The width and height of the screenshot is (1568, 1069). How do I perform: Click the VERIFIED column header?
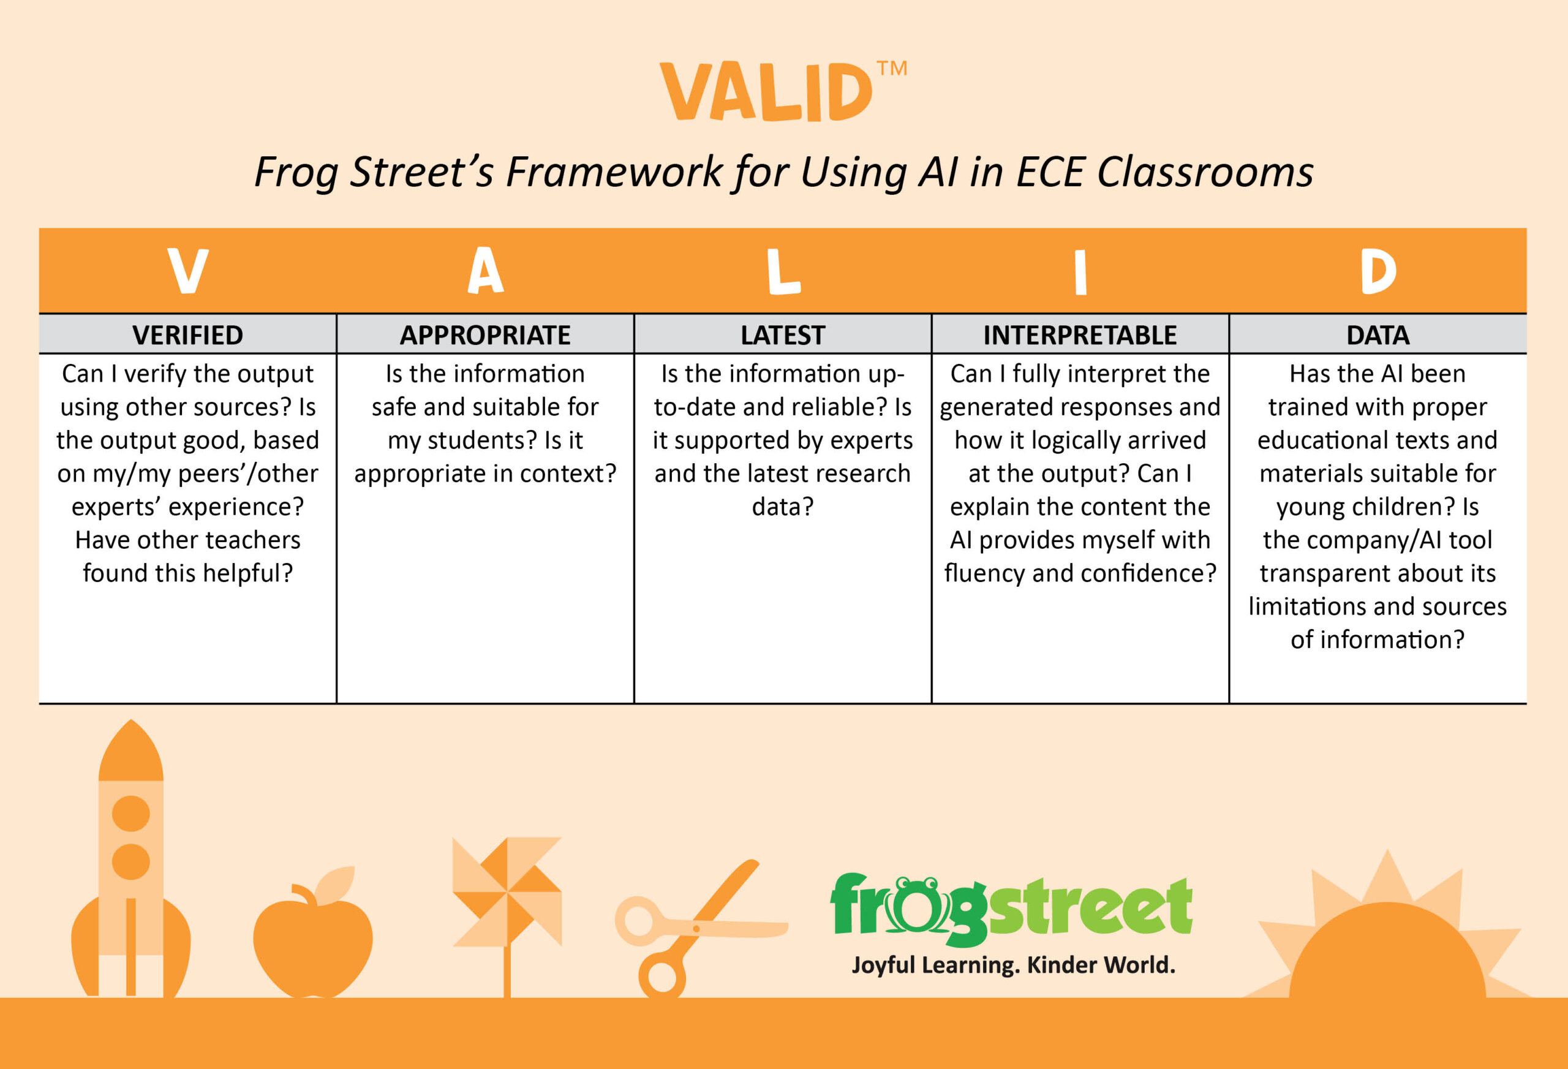187,334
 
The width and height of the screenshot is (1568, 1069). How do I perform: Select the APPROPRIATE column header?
485,334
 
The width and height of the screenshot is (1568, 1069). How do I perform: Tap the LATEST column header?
783,334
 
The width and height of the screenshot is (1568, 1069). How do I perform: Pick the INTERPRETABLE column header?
1080,334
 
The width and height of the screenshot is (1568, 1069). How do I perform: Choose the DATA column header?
1378,334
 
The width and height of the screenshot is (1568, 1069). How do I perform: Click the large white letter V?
187,271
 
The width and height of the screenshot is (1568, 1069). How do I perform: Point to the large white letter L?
783,271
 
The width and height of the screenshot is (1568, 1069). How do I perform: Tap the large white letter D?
1378,271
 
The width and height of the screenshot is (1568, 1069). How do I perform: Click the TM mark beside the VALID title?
892,69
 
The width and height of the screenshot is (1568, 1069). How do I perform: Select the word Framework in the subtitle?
614,172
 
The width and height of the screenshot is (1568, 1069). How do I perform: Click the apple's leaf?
335,885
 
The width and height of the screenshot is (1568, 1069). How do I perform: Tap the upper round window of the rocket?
131,813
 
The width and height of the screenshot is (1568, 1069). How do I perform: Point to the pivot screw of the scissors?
696,929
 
